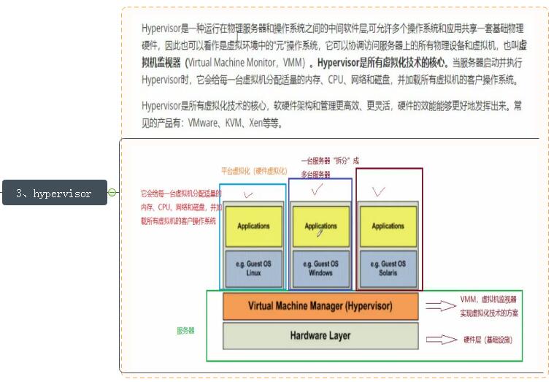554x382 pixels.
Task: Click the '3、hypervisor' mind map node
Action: point(55,193)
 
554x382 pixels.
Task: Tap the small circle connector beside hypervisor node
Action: point(112,193)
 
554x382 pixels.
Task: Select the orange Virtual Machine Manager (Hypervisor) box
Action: point(320,305)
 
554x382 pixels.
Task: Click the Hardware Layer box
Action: point(320,336)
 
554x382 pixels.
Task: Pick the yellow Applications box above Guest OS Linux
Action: point(253,226)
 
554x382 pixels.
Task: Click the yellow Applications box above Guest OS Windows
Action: point(320,226)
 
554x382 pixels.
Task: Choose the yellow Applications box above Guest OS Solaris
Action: point(388,226)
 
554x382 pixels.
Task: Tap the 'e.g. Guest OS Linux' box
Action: point(253,268)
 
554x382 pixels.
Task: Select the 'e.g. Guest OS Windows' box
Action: point(320,268)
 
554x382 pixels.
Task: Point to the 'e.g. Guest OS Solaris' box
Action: point(388,268)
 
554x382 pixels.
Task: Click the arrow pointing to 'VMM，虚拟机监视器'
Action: point(441,306)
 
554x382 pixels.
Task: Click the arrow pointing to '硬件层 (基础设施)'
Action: point(441,339)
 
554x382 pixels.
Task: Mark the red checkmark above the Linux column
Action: point(248,195)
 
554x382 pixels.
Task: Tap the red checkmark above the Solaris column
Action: point(378,192)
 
